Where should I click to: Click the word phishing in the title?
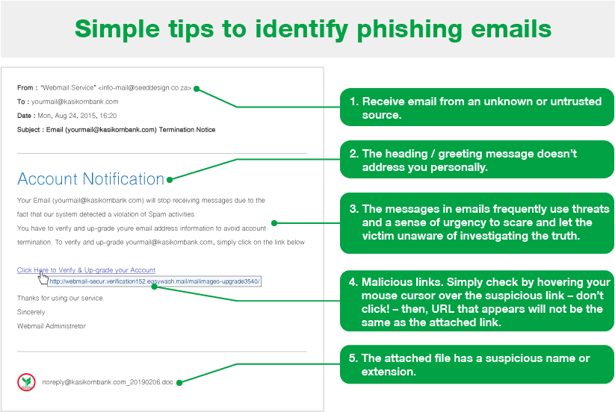[x=410, y=30]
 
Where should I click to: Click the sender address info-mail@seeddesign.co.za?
[x=144, y=88]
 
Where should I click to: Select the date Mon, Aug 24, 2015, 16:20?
[x=77, y=116]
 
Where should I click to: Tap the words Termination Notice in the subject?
[x=187, y=130]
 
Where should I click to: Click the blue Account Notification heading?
[x=90, y=178]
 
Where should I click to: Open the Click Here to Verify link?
[x=86, y=270]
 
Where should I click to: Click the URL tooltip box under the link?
[x=154, y=281]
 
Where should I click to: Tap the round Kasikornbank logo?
[x=26, y=382]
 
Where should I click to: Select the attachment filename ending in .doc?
[x=108, y=382]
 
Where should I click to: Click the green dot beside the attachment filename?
[x=179, y=383]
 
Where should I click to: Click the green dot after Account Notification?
[x=170, y=180]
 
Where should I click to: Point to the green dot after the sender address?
[x=197, y=89]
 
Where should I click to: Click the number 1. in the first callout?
[x=354, y=102]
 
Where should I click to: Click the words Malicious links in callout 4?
[x=403, y=282]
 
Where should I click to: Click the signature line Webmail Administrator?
[x=52, y=326]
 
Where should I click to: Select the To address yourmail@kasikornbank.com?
[x=75, y=102]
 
